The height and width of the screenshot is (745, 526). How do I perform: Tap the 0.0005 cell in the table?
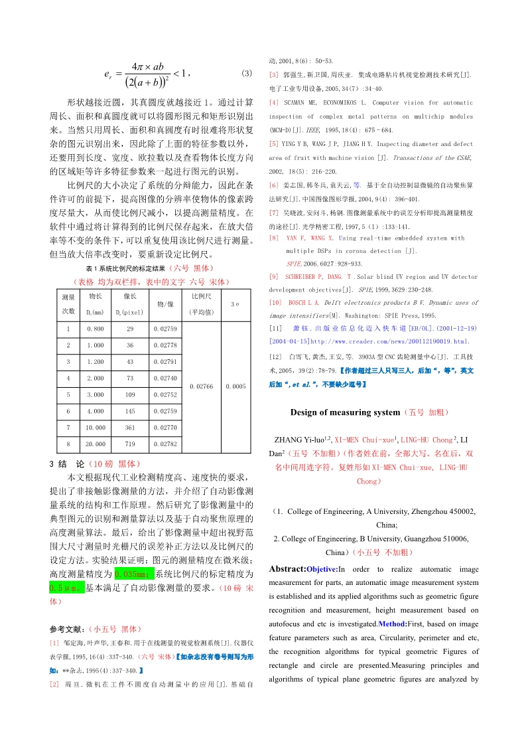[235, 386]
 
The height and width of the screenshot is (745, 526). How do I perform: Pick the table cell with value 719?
[130, 442]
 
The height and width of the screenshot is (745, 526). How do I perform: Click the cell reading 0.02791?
[164, 362]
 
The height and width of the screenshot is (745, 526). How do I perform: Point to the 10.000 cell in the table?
[96, 428]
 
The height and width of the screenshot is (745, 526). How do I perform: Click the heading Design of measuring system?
[346, 412]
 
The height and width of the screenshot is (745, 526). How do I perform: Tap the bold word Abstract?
[287, 569]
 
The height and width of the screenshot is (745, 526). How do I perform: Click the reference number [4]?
[274, 103]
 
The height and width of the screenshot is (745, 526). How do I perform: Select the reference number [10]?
[276, 303]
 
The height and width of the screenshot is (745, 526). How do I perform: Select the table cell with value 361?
[130, 428]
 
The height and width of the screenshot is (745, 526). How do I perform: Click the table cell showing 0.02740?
[164, 378]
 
